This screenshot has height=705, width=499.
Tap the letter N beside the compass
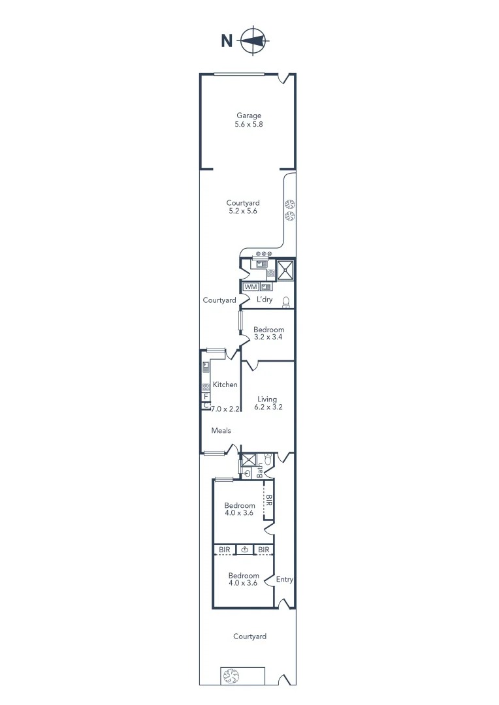coord(227,41)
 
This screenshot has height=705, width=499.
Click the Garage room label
coord(249,116)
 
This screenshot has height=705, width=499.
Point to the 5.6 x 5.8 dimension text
coord(249,124)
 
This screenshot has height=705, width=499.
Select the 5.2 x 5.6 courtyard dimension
coord(243,211)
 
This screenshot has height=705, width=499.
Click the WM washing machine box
coord(250,287)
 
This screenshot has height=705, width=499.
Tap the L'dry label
coord(265,300)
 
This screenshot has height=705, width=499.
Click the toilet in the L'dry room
coord(286,302)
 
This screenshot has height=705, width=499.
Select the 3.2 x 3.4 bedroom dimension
coord(268,338)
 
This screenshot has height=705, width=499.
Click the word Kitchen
coord(225,384)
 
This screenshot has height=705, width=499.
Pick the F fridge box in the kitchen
coord(206,396)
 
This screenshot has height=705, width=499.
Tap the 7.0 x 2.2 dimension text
coord(225,409)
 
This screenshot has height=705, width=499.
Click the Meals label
coord(221,431)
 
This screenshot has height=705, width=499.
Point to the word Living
coord(266,399)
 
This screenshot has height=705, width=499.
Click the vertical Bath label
coord(259,469)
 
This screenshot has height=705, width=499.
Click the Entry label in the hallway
coord(284,579)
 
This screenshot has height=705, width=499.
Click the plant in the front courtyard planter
coord(231,676)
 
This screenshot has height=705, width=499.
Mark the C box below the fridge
coord(206,405)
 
